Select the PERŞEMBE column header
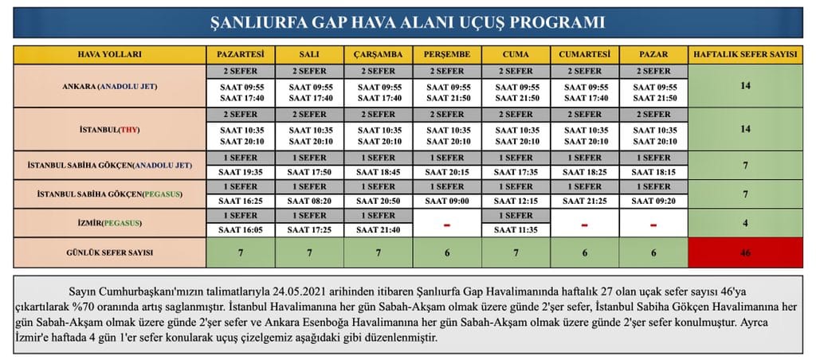pos(447,55)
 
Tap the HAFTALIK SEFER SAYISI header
pos(745,55)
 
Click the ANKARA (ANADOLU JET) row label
pos(109,86)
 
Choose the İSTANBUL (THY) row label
pos(109,129)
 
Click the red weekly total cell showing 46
pos(745,252)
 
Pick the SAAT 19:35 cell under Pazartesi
pos(241,171)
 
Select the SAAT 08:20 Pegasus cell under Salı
pos(309,201)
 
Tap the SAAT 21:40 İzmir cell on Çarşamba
pos(379,229)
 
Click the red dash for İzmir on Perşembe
pos(447,224)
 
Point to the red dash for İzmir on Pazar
pos(653,224)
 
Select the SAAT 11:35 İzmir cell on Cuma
pos(516,229)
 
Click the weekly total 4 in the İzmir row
pos(745,223)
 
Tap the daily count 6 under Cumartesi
pos(584,252)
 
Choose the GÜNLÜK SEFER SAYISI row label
pos(109,252)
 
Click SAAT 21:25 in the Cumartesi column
pos(584,201)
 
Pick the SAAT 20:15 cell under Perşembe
pos(447,171)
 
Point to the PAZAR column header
pos(653,55)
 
